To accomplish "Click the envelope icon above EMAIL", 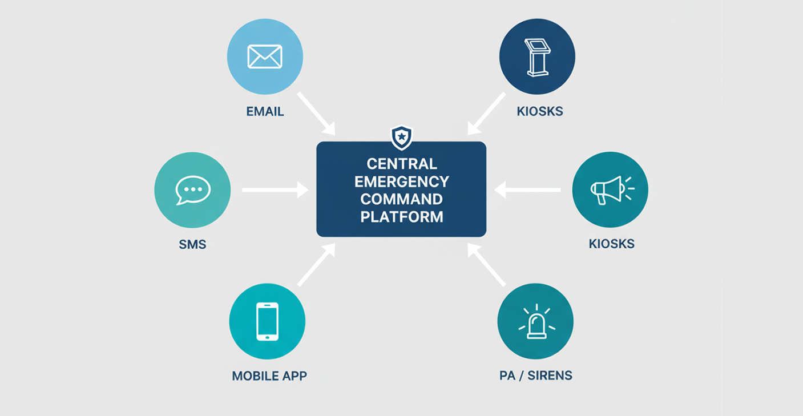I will click(x=265, y=56).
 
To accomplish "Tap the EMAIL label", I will click(x=265, y=111).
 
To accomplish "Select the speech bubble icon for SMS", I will click(x=193, y=190).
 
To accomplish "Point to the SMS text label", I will click(x=192, y=245).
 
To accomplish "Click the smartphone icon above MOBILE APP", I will click(x=267, y=321).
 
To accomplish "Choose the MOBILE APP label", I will click(x=269, y=376).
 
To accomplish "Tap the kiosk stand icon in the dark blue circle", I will click(x=536, y=57).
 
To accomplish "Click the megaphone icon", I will click(x=610, y=189).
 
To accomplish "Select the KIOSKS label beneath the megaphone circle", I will click(x=611, y=244).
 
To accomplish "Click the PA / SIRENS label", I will click(x=535, y=375).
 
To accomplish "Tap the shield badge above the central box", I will click(x=401, y=137).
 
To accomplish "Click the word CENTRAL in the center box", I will click(x=401, y=164).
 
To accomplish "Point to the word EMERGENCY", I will click(x=401, y=181).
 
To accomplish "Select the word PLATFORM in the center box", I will click(x=401, y=217).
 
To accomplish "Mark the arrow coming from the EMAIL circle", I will click(x=316, y=112).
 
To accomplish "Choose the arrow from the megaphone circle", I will click(x=527, y=189).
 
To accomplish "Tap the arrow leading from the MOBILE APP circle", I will click(x=316, y=265).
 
